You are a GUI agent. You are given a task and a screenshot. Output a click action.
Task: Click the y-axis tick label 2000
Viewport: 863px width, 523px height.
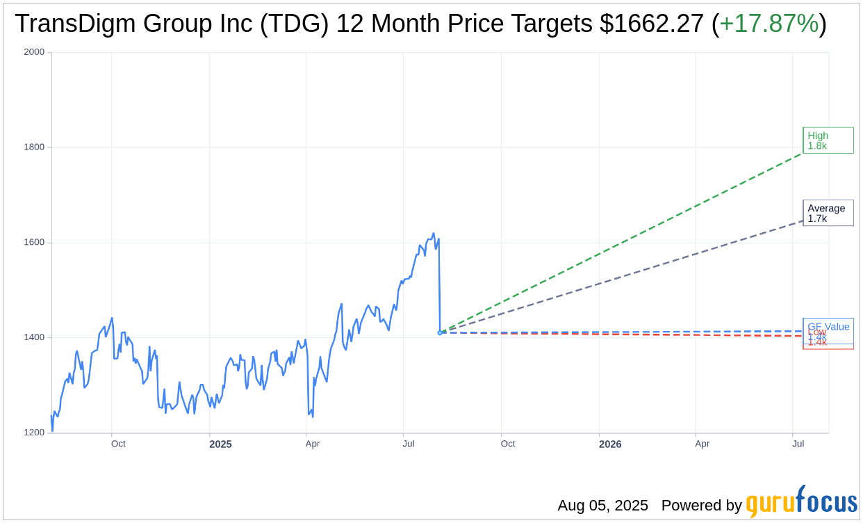[x=34, y=52]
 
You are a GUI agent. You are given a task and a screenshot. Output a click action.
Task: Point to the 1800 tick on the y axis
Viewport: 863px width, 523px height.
[x=34, y=147]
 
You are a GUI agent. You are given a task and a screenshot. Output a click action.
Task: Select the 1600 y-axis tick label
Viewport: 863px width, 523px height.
[x=34, y=243]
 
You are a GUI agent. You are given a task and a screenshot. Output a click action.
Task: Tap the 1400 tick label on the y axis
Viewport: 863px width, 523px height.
[x=34, y=337]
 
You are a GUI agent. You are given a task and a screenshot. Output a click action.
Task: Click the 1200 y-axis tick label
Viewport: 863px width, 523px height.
[x=34, y=433]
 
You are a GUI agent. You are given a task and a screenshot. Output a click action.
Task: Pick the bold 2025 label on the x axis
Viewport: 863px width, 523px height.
[x=220, y=444]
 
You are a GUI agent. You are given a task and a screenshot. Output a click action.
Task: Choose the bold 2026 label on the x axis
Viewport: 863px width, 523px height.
[x=610, y=444]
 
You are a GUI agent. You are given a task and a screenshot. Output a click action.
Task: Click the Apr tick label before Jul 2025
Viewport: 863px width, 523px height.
[x=313, y=444]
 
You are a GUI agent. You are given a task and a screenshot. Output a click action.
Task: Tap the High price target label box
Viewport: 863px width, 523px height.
[x=828, y=140]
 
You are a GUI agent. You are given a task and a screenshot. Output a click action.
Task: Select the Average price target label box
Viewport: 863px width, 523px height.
[x=828, y=214]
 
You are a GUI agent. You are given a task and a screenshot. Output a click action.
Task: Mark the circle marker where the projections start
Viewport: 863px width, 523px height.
[x=440, y=332]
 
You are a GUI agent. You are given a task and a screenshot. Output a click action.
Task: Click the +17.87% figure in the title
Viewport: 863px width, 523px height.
[x=769, y=24]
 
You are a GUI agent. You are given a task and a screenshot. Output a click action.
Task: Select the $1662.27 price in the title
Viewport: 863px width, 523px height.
[x=652, y=24]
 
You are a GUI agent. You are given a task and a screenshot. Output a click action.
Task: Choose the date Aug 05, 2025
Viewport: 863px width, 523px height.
[x=602, y=506]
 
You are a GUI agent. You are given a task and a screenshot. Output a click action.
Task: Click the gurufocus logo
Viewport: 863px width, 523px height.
[x=801, y=502]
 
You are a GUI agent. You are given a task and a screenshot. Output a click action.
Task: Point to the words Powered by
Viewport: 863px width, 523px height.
[x=701, y=506]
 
